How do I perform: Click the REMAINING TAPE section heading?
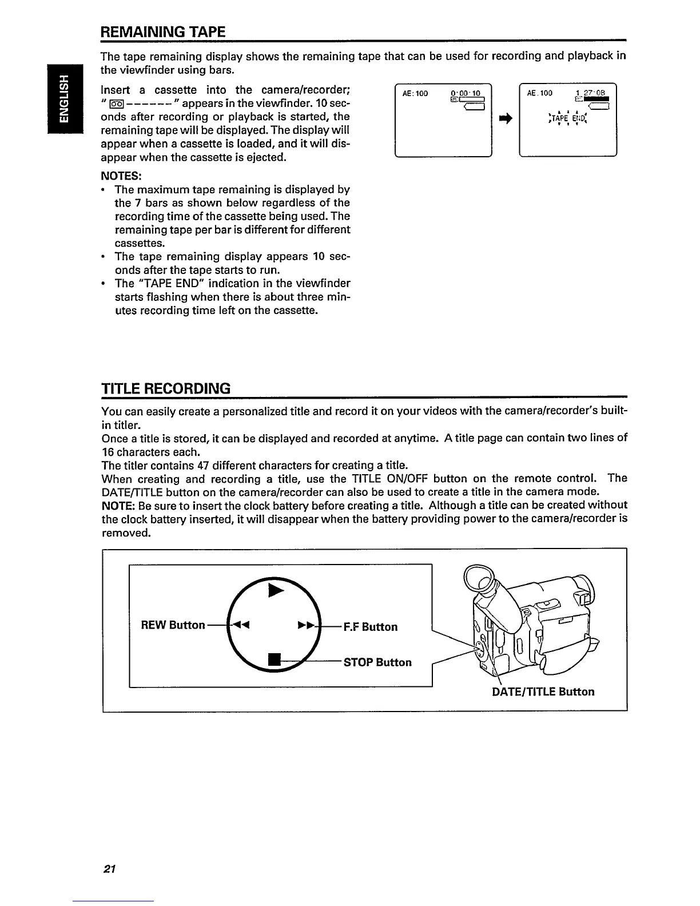pos(163,31)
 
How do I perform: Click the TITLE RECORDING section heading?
pos(166,389)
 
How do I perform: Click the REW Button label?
pos(173,625)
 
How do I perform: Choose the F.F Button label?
pos(370,627)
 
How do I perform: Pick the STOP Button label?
pos(377,662)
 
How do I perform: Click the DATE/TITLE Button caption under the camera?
pos(543,692)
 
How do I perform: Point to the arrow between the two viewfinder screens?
pos(505,118)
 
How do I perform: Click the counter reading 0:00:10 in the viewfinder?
pos(467,93)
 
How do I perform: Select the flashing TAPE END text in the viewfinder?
pos(567,118)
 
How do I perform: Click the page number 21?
pos(109,869)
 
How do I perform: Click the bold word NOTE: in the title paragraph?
pos(118,506)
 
